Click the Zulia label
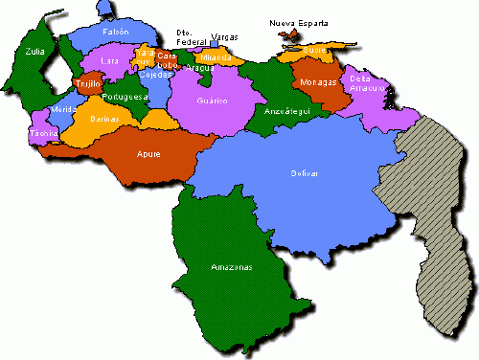(35, 53)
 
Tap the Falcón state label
(116, 32)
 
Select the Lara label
(110, 61)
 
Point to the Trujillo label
(88, 84)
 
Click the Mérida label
(63, 110)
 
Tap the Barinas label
(103, 120)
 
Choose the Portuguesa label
(127, 97)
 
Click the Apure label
(148, 153)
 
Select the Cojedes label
(154, 74)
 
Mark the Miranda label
(217, 58)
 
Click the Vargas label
(224, 36)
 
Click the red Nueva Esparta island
(287, 35)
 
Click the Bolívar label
(305, 173)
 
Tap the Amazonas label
(232, 266)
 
